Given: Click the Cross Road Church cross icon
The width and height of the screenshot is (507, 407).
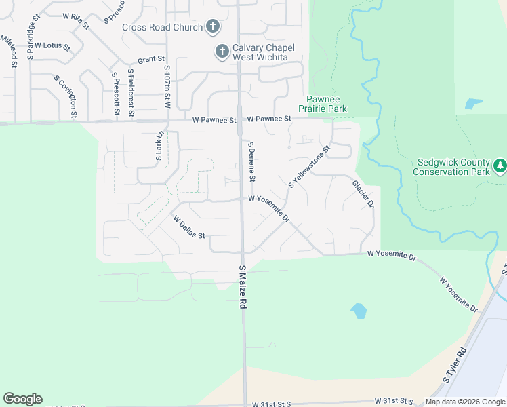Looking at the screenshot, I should click(x=213, y=27).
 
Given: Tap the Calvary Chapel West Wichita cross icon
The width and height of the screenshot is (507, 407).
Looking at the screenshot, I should click(x=222, y=51).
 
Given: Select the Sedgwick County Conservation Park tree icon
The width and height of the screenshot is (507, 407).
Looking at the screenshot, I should click(x=500, y=165).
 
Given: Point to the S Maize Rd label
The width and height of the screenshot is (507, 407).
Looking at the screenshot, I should click(x=242, y=288).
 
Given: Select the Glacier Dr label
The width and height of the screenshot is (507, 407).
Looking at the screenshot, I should click(x=363, y=195).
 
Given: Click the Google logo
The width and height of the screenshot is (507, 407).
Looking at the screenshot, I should click(x=22, y=399).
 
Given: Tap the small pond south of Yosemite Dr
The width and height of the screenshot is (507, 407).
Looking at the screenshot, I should click(x=359, y=311).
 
